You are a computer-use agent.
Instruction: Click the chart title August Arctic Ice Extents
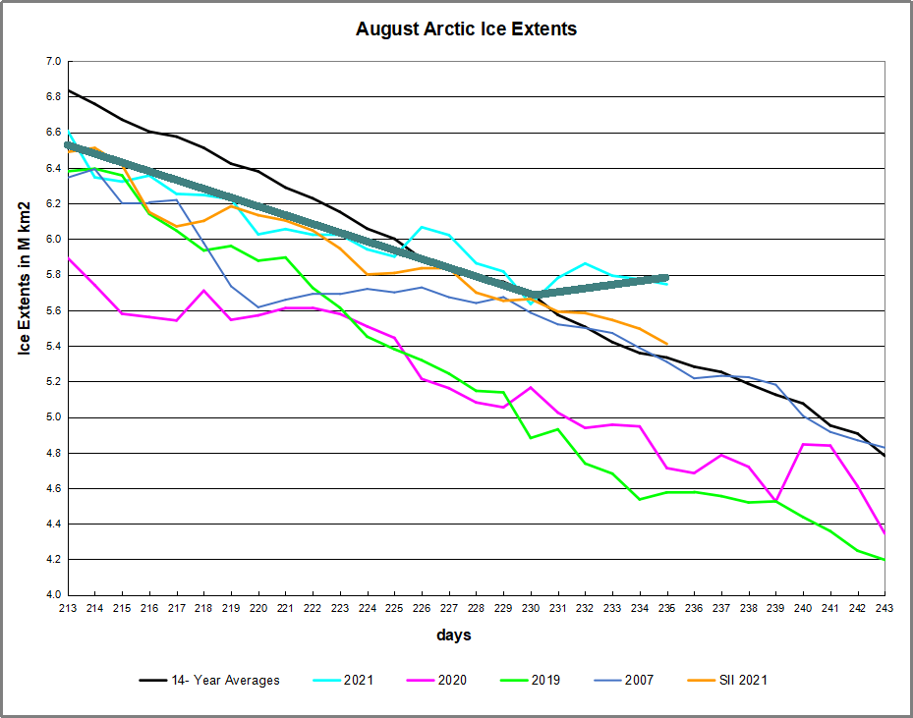(x=466, y=29)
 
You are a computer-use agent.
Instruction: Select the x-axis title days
(x=454, y=635)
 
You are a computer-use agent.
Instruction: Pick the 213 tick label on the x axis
(x=69, y=609)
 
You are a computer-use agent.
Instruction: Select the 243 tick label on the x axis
(x=884, y=609)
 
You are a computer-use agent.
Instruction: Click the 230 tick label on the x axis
(x=531, y=609)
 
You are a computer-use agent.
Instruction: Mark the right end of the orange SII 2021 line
(x=667, y=344)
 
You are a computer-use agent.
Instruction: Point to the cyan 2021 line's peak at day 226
(x=422, y=227)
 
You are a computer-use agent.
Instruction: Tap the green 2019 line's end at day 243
(x=884, y=560)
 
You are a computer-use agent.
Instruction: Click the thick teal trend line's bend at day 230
(x=532, y=294)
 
